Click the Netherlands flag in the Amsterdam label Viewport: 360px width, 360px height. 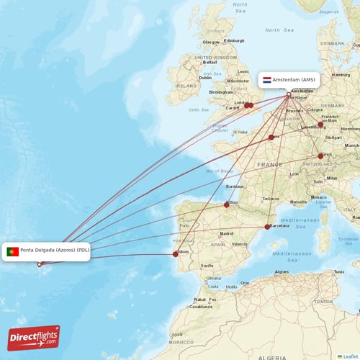click(267, 80)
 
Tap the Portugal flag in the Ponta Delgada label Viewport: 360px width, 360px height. click(12, 251)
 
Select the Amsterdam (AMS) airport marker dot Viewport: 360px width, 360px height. click(289, 94)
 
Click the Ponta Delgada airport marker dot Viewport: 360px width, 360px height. click(40, 264)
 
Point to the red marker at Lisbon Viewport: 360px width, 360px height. click(175, 253)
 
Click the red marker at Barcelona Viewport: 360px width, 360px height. click(267, 227)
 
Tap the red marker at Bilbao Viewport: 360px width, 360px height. click(227, 204)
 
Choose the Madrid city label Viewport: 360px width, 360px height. click(226, 233)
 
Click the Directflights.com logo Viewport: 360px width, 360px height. click(35, 337)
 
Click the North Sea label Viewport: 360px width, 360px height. click(276, 30)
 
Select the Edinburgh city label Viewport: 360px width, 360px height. click(236, 41)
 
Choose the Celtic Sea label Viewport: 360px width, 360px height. click(198, 109)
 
